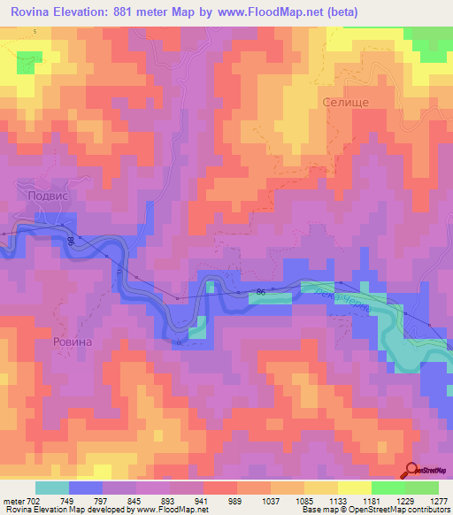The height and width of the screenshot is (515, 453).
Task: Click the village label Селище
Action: (x=346, y=102)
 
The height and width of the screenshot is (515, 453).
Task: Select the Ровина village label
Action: (x=74, y=340)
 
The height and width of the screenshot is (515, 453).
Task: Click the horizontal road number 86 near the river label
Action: (x=260, y=291)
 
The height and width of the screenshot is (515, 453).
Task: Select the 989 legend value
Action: (x=219, y=500)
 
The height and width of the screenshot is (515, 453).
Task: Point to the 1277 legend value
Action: (x=438, y=500)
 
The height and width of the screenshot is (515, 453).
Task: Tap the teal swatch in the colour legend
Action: (x=52, y=488)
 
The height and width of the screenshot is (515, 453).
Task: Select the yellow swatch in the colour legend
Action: (x=354, y=488)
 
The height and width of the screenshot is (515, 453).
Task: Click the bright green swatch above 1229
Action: (x=388, y=488)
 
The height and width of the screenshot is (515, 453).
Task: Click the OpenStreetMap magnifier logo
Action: (x=411, y=470)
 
